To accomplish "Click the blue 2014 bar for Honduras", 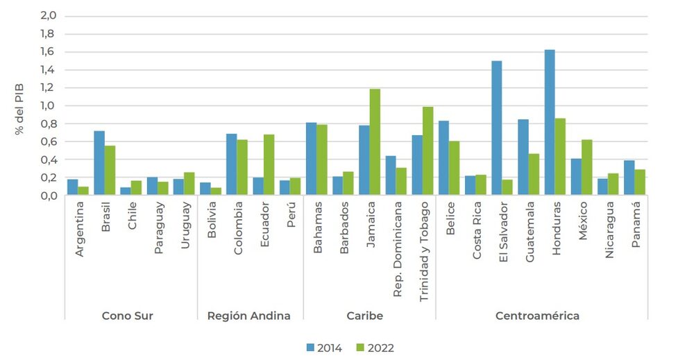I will (550, 122).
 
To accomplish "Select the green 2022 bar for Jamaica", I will (375, 142).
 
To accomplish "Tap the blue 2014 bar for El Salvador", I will (497, 128).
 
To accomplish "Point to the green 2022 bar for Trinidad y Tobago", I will (428, 151).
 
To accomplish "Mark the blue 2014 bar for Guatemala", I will (523, 157).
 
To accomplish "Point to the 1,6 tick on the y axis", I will (49, 52).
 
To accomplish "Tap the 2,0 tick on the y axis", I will (49, 16).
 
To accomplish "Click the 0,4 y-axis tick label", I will (49, 160).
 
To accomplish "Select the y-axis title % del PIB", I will (21, 105).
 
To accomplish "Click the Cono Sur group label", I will (128, 316).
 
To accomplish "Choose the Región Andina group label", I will (249, 316).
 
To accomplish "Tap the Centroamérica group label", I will (537, 316).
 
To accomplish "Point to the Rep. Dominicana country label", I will (398, 250).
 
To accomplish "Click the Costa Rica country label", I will (477, 240).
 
